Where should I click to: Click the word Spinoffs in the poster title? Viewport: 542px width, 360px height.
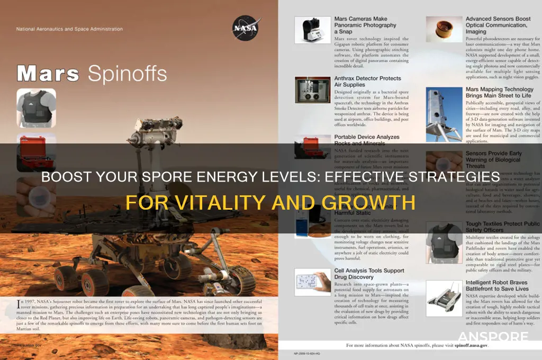127,75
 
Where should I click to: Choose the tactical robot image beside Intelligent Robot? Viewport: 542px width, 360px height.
444,298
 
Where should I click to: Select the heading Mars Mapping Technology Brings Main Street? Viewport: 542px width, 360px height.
500,93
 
